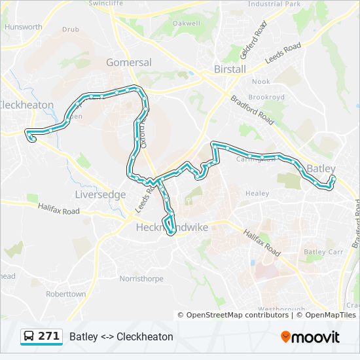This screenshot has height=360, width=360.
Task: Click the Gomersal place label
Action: point(129,63)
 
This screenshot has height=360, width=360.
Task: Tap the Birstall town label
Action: point(230,69)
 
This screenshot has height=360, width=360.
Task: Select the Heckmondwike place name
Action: point(171,227)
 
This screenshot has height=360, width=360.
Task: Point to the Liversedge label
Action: point(100,194)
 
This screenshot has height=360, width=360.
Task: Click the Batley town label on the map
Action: point(321,169)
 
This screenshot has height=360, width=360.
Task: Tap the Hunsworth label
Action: point(23,27)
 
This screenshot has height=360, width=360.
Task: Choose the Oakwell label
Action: point(186,24)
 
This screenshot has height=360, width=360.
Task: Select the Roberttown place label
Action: point(65,294)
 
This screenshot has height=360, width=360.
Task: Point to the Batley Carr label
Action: point(323,252)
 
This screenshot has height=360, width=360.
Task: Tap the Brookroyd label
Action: point(266,97)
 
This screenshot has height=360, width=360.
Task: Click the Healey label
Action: point(257,194)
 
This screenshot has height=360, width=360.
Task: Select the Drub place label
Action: point(70,29)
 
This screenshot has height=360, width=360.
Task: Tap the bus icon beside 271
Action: point(29,336)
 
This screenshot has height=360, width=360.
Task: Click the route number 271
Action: point(49,336)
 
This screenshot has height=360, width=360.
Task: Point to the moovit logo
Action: point(310,336)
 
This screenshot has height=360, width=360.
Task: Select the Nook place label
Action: point(261,82)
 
